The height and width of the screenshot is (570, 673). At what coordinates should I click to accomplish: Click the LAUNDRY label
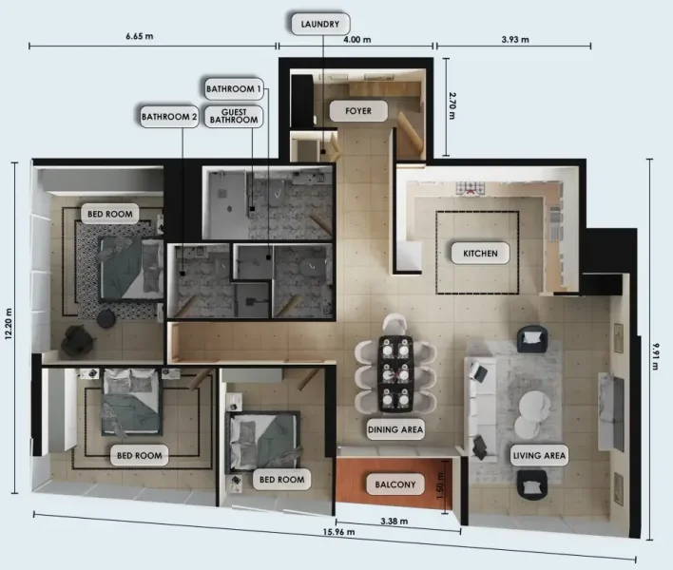[x=320, y=24]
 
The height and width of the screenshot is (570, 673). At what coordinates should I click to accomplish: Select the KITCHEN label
[x=479, y=254]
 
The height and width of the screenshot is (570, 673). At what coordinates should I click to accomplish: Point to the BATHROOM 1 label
[x=233, y=89]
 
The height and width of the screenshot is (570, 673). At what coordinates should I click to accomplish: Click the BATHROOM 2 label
[x=169, y=118]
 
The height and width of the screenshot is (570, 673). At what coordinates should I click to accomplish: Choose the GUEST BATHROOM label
[x=234, y=116]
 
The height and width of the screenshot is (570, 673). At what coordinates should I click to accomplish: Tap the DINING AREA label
[x=395, y=429]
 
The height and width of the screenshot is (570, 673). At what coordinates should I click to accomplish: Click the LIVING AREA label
[x=539, y=456]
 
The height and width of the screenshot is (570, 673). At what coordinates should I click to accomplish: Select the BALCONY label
[x=391, y=484]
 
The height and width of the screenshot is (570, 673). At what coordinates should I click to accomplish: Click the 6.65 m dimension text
[x=139, y=36]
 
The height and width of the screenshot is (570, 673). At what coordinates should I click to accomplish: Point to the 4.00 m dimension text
[x=356, y=40]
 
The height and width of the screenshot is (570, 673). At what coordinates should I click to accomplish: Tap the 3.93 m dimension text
[x=514, y=40]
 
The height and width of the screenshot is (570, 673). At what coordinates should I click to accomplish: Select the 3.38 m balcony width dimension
[x=394, y=522]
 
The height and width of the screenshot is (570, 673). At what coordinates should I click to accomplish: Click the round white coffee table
[x=531, y=408]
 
